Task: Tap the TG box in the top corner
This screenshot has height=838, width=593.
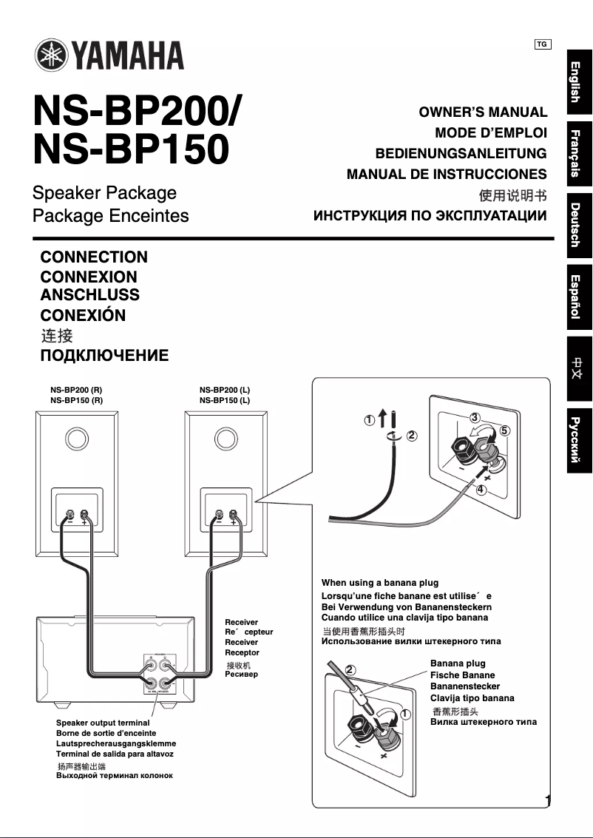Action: click(542, 44)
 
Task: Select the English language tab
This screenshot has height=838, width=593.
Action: click(578, 81)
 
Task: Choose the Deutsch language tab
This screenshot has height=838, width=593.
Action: click(578, 224)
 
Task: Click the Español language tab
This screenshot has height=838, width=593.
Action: click(578, 297)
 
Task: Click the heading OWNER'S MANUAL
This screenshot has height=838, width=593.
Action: click(483, 112)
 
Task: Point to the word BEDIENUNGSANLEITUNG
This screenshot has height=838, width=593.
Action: click(461, 154)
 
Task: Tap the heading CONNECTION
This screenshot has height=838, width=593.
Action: click(94, 257)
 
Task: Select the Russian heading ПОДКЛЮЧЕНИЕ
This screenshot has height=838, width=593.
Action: click(104, 356)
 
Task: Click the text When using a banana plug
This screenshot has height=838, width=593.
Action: click(380, 583)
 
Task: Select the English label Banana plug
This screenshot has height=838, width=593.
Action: click(458, 663)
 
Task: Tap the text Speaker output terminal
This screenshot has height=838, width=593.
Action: click(103, 723)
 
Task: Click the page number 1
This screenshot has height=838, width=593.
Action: click(548, 801)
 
